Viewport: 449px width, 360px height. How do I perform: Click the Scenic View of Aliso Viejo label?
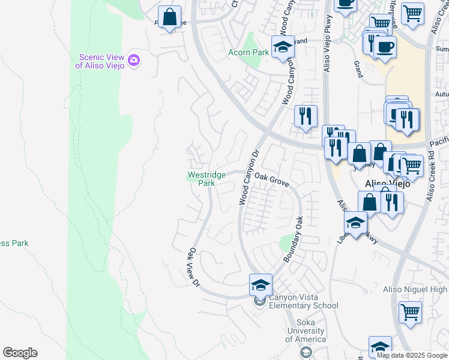pos(101,61)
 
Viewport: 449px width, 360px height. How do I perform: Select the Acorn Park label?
pos(249,53)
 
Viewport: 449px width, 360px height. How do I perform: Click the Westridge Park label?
pos(206,179)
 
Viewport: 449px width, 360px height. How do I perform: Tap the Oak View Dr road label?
pos(193,266)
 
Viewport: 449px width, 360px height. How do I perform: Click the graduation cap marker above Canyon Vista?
pos(261,285)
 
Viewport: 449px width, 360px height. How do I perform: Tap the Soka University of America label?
pos(306,331)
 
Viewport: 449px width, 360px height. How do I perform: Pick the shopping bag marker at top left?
pos(170,17)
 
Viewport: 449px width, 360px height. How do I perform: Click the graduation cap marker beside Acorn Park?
pos(282,47)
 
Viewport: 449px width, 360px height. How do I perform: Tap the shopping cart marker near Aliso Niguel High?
pos(410,311)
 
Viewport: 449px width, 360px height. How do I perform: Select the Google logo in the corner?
pos(20,353)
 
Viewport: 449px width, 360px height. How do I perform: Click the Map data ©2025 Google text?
pos(411,355)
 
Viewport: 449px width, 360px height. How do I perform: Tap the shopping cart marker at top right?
pos(412,13)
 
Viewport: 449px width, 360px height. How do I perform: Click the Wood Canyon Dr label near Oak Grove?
pos(248,177)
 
